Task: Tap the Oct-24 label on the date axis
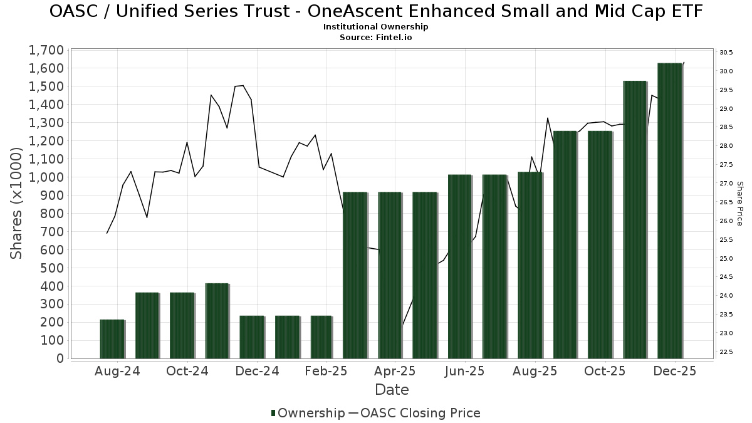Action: pyautogui.click(x=187, y=371)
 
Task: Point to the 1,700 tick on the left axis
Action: pyautogui.click(x=46, y=50)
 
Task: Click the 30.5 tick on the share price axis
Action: pyautogui.click(x=726, y=52)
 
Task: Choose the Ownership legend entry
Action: pyautogui.click(x=308, y=413)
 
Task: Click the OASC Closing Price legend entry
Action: pyautogui.click(x=414, y=413)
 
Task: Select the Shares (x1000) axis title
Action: pyautogui.click(x=17, y=203)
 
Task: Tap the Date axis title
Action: pyautogui.click(x=392, y=390)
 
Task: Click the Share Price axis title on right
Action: pyautogui.click(x=739, y=203)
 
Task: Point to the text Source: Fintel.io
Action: pyautogui.click(x=375, y=37)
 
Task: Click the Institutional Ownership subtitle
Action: pyautogui.click(x=375, y=27)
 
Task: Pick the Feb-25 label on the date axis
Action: pyautogui.click(x=326, y=371)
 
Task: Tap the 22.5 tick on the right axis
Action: pyautogui.click(x=726, y=352)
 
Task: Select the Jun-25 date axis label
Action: pyautogui.click(x=464, y=371)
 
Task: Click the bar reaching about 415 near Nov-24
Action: pyautogui.click(x=217, y=321)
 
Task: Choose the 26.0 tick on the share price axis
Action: pyautogui.click(x=726, y=221)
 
